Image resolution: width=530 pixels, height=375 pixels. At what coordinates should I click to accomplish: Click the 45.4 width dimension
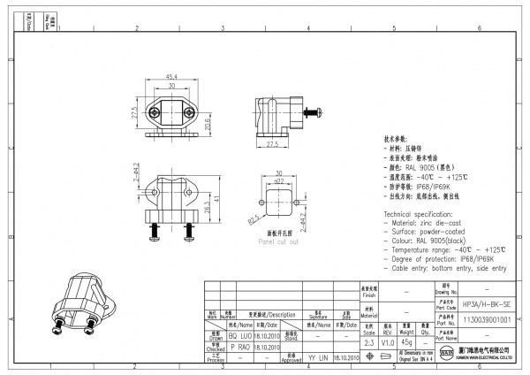coord(172,77)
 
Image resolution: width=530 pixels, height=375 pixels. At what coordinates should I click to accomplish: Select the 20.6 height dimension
coord(208,125)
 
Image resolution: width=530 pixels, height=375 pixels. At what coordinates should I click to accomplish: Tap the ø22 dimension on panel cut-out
coord(278,181)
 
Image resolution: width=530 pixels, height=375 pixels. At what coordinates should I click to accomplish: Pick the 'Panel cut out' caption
coord(278,241)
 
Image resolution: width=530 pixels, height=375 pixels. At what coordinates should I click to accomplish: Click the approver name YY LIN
coord(317,359)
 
